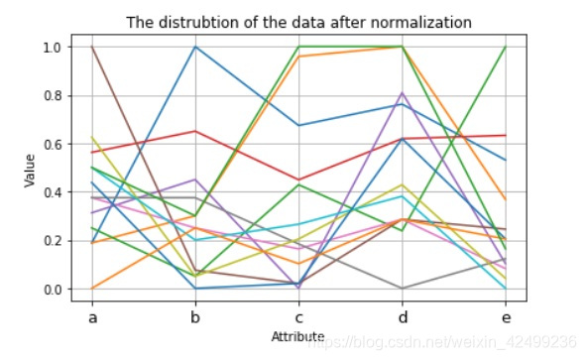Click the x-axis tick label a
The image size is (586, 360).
93,317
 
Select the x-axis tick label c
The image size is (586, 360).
299,317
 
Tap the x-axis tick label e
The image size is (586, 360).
506,317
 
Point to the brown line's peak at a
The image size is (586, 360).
93,47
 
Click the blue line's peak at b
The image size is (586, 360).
196,47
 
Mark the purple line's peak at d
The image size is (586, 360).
403,93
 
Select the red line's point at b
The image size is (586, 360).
196,131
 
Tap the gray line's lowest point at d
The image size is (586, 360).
403,289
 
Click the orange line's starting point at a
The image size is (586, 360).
93,289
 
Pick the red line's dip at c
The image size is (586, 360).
299,180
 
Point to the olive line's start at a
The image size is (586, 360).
93,137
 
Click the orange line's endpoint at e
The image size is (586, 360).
506,200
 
